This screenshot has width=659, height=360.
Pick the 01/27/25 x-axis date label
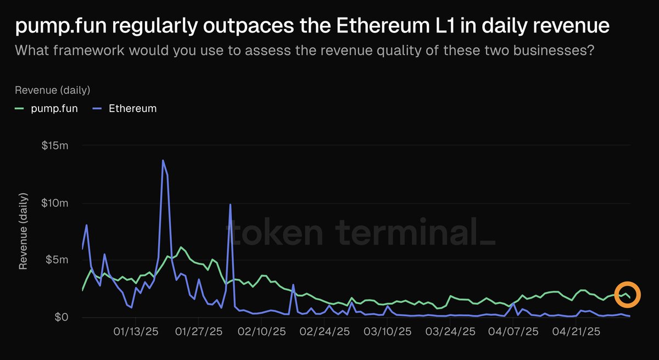199,332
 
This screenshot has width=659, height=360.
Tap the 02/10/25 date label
263,332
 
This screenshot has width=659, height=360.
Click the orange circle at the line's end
627,295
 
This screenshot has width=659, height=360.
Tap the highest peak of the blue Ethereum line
163,160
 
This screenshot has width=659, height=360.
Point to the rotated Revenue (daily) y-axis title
23,230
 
